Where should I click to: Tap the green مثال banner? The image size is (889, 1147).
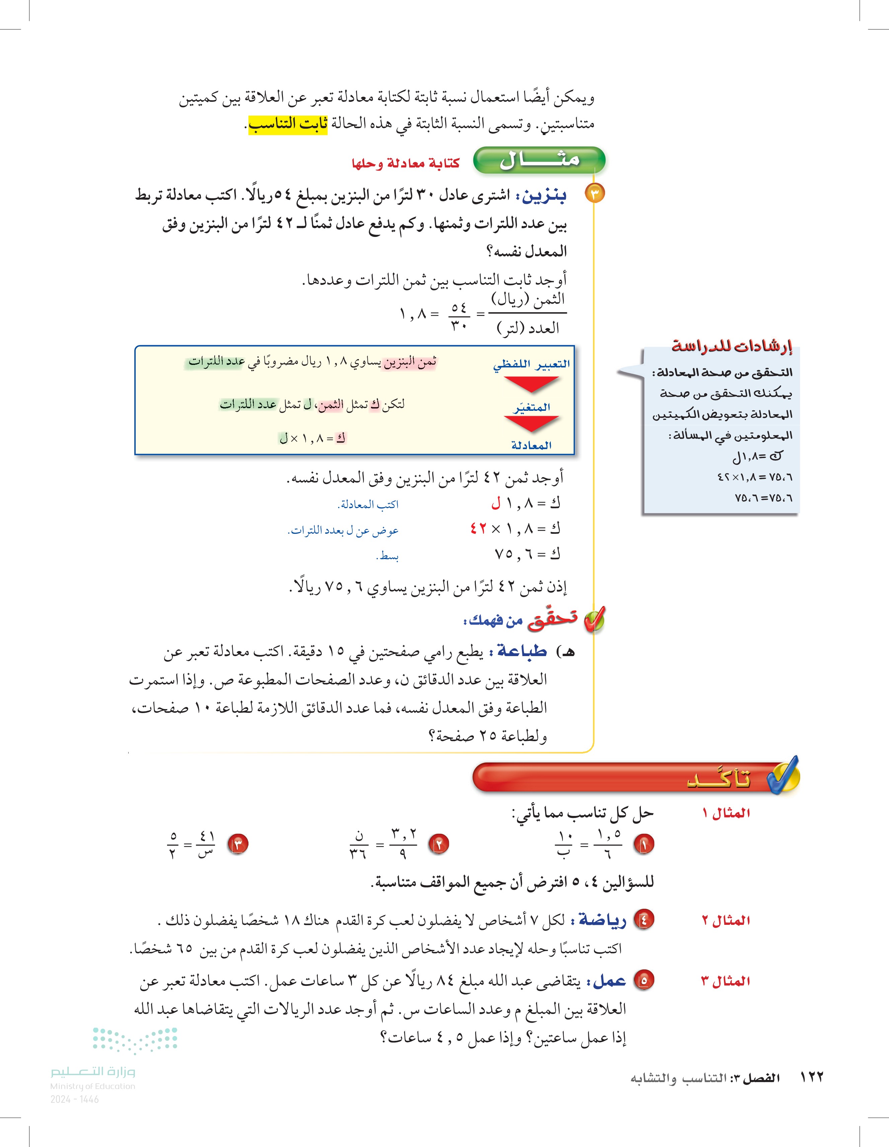point(539,160)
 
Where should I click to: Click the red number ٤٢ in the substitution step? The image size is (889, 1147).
point(478,528)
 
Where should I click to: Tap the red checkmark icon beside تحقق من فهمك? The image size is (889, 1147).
point(594,620)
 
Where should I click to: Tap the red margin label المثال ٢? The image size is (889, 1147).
point(726,920)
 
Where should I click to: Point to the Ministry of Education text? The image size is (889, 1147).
point(92,1086)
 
